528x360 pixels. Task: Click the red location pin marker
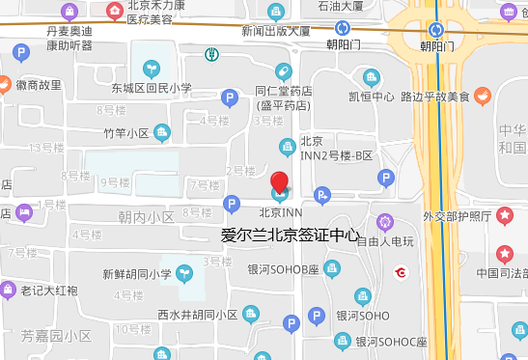(279, 181)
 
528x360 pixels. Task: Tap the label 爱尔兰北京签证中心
(290, 234)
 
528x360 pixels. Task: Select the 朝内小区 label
(145, 217)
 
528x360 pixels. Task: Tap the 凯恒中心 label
(372, 96)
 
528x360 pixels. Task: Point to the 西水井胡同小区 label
(197, 315)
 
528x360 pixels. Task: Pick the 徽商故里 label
(39, 85)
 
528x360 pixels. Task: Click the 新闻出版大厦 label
(276, 31)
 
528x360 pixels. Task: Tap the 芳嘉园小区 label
(56, 336)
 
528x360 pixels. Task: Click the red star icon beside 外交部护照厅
(505, 215)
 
